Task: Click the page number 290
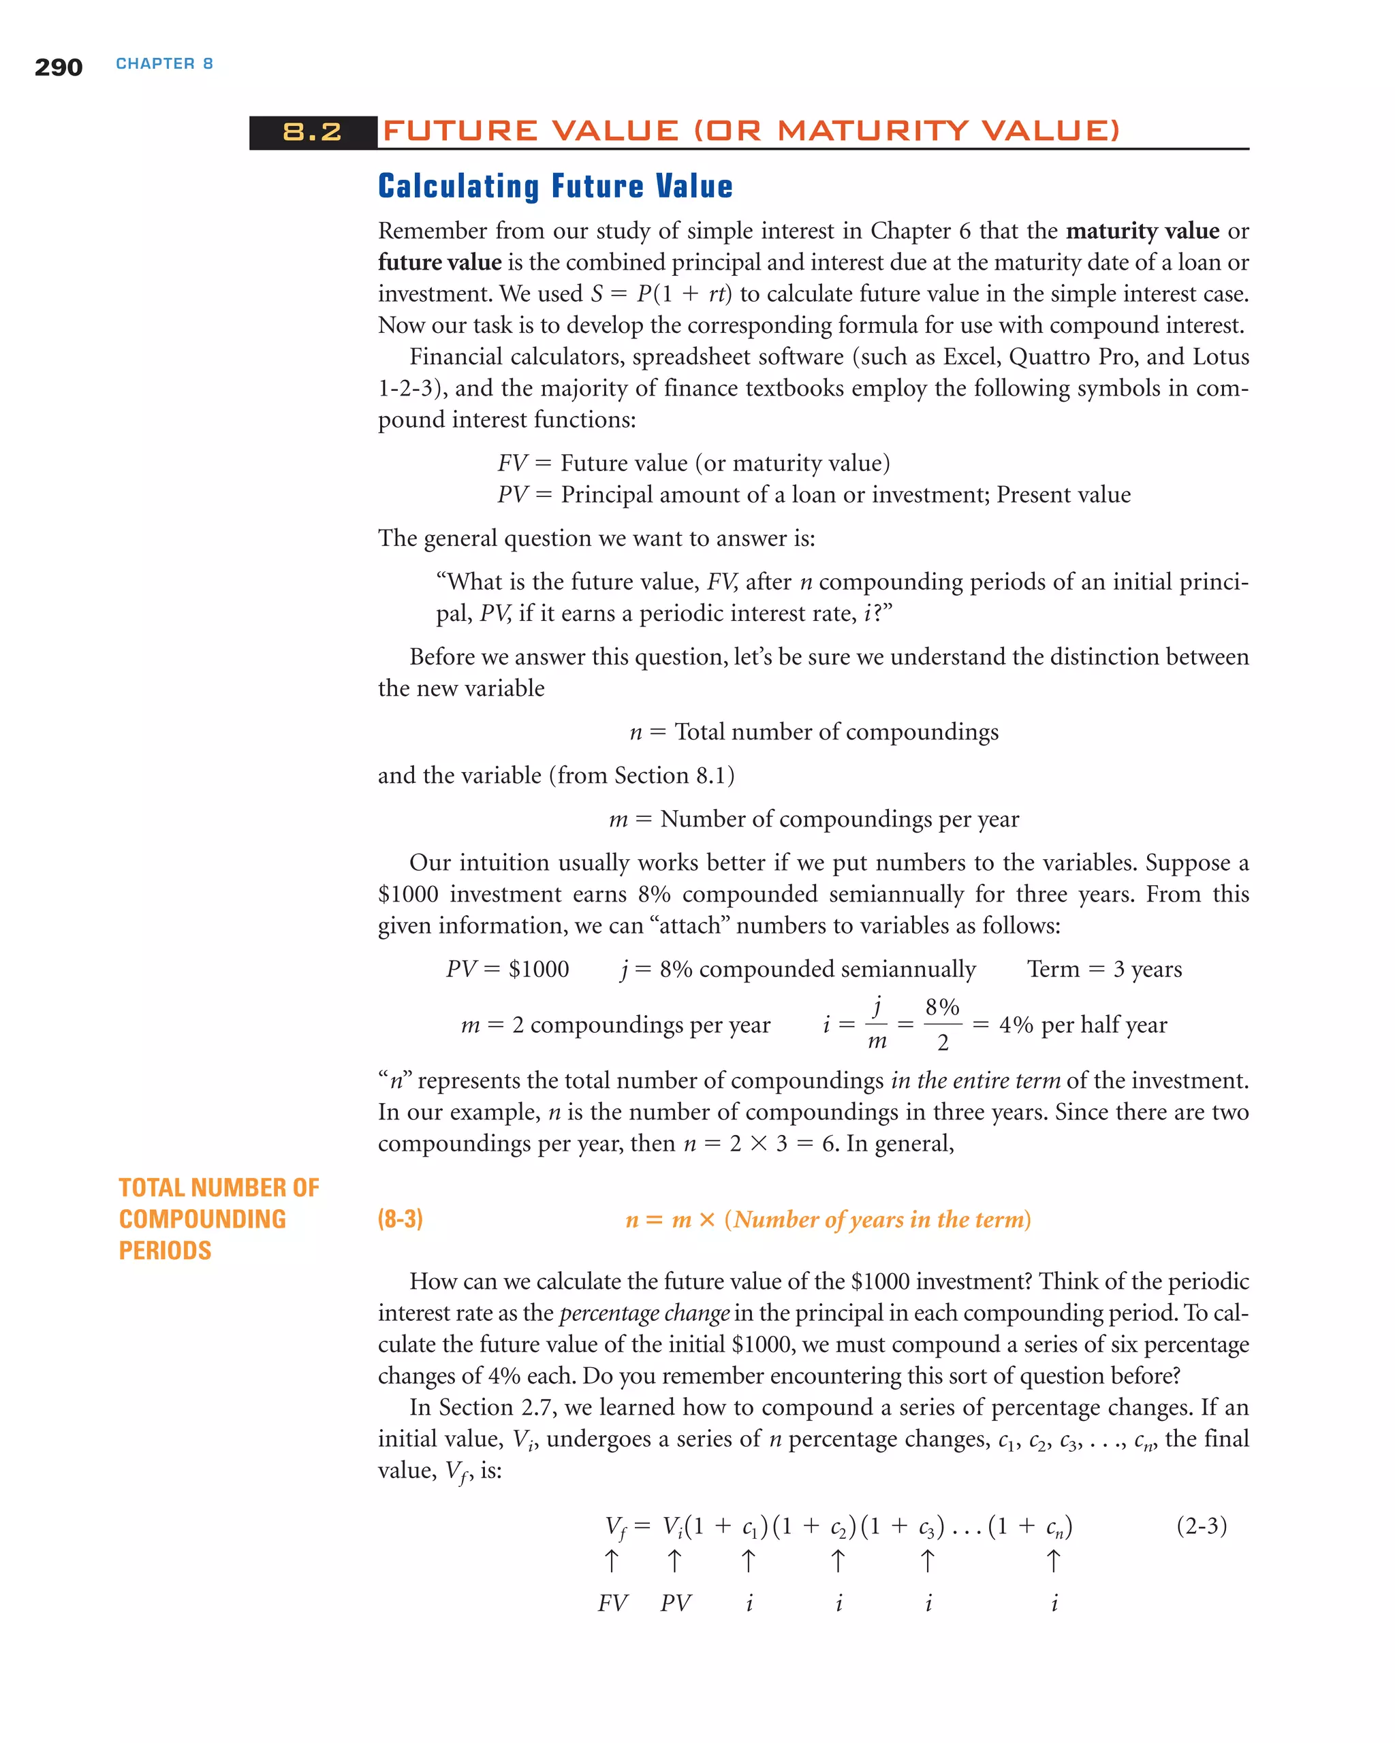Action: tap(58, 67)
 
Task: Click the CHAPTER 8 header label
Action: tap(164, 64)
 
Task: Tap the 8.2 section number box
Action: tap(312, 133)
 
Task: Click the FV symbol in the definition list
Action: tap(512, 463)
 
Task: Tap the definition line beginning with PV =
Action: tap(813, 495)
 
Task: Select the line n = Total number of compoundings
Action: tap(813, 733)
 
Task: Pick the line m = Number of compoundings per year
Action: tap(813, 820)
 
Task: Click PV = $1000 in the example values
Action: tap(507, 970)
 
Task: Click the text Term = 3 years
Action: tap(1104, 970)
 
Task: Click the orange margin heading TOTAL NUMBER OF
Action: tap(219, 1187)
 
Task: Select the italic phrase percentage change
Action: tap(644, 1313)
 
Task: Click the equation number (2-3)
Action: tap(1201, 1526)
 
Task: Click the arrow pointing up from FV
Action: tap(612, 1561)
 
